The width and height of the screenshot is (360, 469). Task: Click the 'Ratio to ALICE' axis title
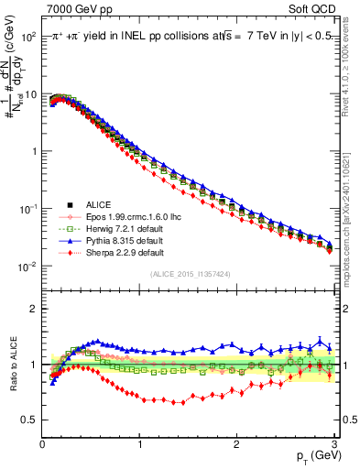[13, 365]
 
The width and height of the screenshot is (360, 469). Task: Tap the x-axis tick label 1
[139, 443]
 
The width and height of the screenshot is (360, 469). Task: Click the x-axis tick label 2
[236, 443]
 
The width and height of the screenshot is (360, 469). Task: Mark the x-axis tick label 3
[333, 443]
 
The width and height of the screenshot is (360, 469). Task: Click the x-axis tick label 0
[42, 443]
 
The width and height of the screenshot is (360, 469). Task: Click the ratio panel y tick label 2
[32, 309]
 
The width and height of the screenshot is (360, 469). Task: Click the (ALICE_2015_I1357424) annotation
[189, 274]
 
